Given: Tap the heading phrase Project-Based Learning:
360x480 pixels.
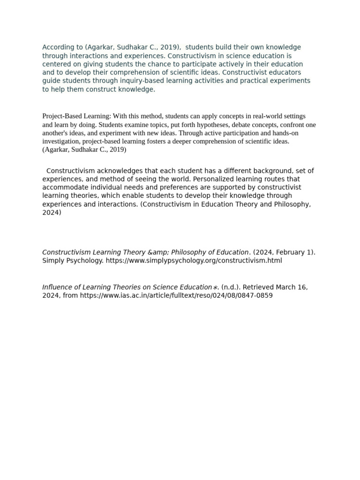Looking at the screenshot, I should (x=77, y=116).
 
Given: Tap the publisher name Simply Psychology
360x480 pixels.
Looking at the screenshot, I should (x=73, y=261).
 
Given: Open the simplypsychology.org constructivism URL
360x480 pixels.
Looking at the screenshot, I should (x=194, y=261).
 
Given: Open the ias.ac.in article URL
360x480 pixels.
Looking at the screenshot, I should (x=176, y=296).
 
